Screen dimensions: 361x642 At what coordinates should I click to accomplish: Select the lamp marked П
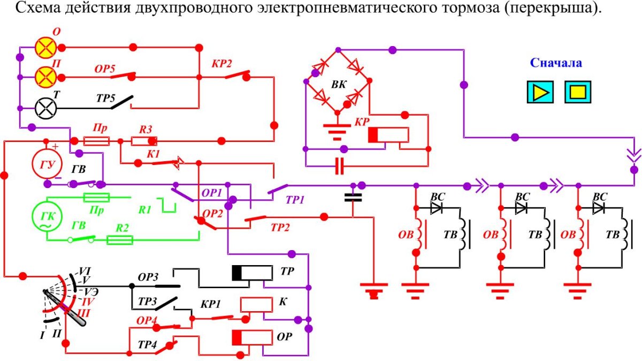coord(46,78)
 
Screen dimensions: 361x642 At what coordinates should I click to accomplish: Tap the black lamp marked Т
coord(46,108)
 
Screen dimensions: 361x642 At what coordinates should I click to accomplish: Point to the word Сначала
coord(556,63)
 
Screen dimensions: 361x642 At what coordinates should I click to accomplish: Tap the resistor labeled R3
coord(143,141)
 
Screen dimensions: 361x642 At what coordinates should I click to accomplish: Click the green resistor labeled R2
coord(120,240)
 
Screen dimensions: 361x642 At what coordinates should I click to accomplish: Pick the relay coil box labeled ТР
coord(253,273)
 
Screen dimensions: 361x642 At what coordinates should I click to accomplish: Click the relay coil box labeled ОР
coord(253,337)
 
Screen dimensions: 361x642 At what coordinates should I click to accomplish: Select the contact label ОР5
coord(106,70)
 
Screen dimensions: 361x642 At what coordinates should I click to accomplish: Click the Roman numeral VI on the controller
coord(85,270)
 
